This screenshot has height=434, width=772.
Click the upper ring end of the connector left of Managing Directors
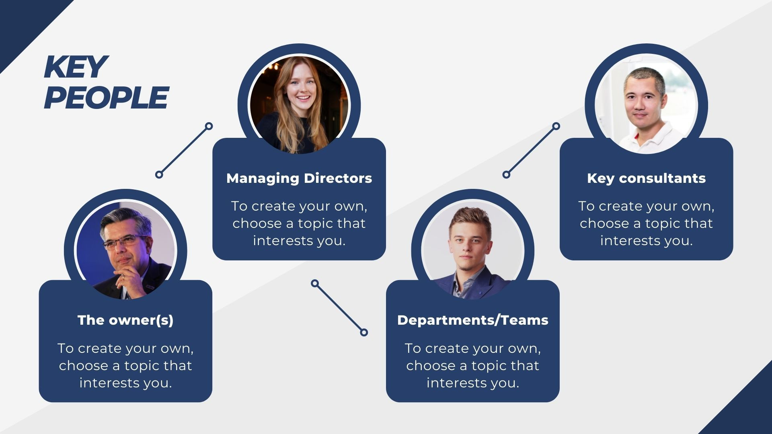[209, 126]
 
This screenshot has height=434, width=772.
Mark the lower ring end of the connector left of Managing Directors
[159, 174]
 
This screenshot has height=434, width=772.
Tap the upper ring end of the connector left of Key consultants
[556, 126]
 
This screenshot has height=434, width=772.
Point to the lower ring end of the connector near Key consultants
[507, 174]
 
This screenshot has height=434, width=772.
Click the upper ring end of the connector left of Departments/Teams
[315, 284]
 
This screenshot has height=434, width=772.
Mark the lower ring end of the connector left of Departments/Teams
[364, 332]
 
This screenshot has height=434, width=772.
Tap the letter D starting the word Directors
[308, 178]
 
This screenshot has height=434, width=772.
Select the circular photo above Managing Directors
[299, 105]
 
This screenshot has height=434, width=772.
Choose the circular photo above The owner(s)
[125, 250]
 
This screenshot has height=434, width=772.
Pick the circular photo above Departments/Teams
[473, 250]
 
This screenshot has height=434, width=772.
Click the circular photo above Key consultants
[647, 105]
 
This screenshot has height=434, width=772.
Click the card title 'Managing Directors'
[299, 178]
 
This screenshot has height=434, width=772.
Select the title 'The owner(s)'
[125, 320]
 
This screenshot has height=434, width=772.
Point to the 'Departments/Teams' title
[473, 320]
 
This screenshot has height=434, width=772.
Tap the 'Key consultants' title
[647, 178]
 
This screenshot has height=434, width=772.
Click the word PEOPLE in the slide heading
[106, 98]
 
